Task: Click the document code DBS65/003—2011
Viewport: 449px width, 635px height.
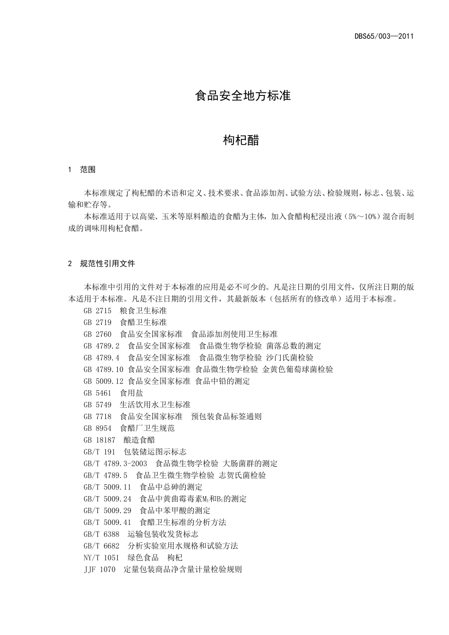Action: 384,36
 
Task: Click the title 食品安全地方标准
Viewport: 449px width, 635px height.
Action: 242,96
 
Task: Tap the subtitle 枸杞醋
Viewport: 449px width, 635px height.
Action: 241,140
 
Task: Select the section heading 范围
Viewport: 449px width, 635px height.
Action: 88,170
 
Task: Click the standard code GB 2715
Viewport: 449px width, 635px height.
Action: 97,310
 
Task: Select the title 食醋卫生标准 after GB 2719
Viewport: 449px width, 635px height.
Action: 143,322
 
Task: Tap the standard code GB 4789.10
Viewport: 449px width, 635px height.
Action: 104,369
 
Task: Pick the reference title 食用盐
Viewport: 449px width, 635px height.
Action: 131,393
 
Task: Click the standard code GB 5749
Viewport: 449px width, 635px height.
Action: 97,405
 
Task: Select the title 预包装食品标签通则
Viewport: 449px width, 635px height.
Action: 226,417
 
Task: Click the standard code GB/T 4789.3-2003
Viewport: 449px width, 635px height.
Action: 115,463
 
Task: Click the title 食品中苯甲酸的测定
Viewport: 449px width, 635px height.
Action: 175,511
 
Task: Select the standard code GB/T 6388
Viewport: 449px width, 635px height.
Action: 102,534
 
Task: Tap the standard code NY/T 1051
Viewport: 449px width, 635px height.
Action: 102,558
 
